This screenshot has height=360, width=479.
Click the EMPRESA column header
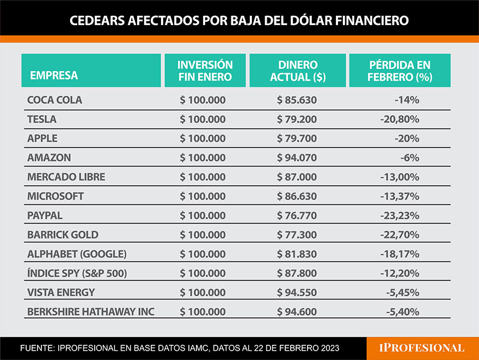(54, 75)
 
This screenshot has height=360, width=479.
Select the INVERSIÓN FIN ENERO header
(205, 71)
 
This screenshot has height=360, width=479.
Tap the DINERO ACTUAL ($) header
(297, 71)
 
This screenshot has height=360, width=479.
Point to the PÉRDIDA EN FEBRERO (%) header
(400, 71)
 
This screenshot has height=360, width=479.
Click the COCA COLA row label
(54, 100)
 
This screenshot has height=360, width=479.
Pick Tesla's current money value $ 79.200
(297, 119)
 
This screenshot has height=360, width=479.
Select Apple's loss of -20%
(407, 138)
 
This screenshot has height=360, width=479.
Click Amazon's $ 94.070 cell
(297, 158)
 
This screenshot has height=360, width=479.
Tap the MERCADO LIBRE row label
(66, 177)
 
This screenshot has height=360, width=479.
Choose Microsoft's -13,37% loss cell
(400, 196)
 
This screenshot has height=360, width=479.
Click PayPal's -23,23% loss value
(400, 215)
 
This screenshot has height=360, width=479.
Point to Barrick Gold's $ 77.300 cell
(297, 234)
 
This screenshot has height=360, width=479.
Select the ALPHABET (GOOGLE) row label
(77, 254)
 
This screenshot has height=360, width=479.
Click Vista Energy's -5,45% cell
(402, 292)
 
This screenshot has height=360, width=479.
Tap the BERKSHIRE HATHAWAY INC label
(91, 312)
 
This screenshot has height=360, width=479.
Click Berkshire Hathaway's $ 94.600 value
(297, 312)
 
